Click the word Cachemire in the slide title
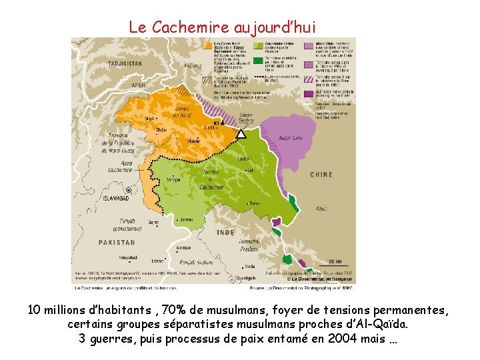(191, 27)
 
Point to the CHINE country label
(321, 175)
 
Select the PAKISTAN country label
(117, 243)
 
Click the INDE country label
(226, 233)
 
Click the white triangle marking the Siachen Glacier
(241, 133)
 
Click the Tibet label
(321, 209)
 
